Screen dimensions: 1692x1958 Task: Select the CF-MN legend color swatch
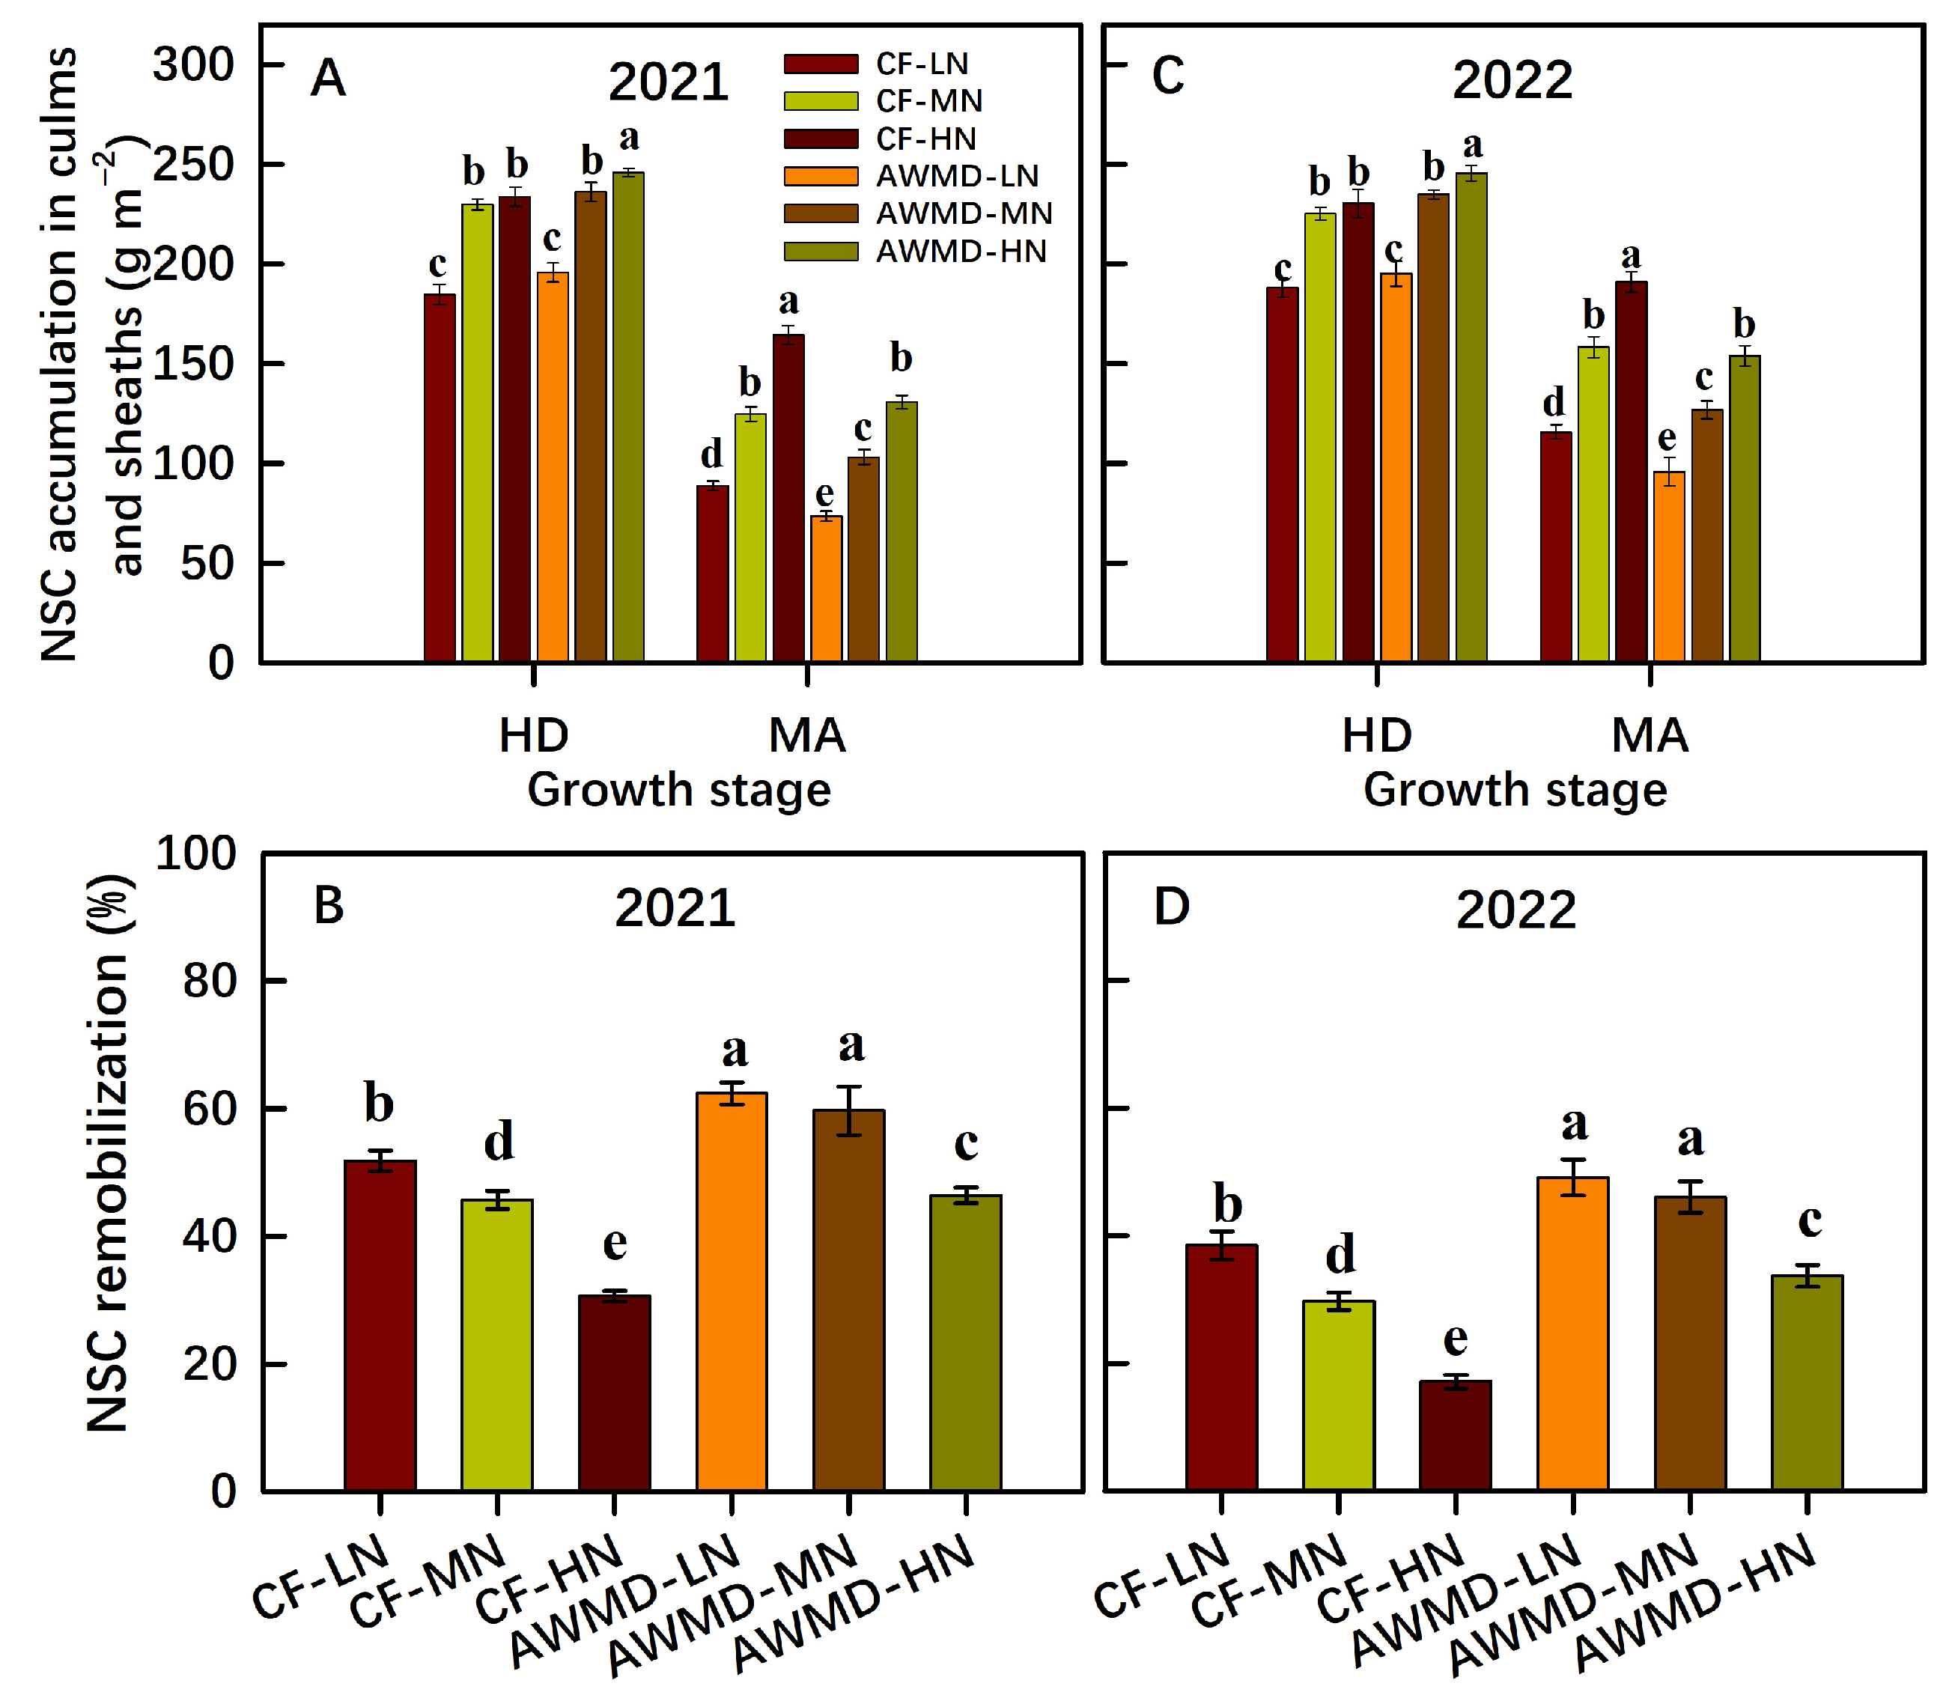[820, 101]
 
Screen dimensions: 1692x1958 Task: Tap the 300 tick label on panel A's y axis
[194, 65]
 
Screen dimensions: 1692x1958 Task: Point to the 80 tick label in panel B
[209, 982]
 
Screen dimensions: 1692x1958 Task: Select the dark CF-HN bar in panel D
[1456, 1436]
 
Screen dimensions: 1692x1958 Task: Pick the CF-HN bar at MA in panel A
[788, 498]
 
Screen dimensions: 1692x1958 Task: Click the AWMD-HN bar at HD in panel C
[1471, 416]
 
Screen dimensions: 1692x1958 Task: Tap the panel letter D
[1172, 907]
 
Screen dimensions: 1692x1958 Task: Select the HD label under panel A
[534, 736]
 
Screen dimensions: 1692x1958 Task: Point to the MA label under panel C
[1650, 736]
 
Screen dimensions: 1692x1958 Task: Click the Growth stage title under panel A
[678, 790]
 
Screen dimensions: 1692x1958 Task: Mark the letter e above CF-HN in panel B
[615, 1244]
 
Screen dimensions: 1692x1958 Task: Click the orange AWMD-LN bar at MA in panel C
[1669, 567]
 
